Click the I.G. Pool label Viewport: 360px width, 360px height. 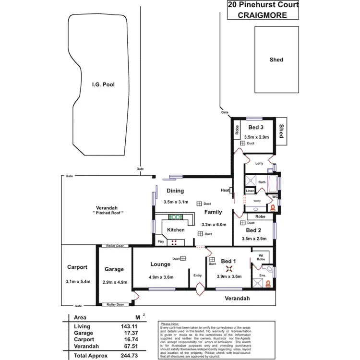[x=103, y=84]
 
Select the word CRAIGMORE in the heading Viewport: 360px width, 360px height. [x=263, y=15]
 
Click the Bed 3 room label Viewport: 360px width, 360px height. [x=256, y=128]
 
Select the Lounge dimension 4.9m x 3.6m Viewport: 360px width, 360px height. [x=160, y=277]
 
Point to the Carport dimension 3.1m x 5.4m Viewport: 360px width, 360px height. [x=77, y=282]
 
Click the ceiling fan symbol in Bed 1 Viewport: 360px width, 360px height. [x=229, y=270]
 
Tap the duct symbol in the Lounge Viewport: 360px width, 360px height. [x=183, y=258]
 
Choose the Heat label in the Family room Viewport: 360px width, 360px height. [x=224, y=190]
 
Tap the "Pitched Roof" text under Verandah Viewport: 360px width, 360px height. [x=108, y=212]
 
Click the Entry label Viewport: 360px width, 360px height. [x=198, y=276]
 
